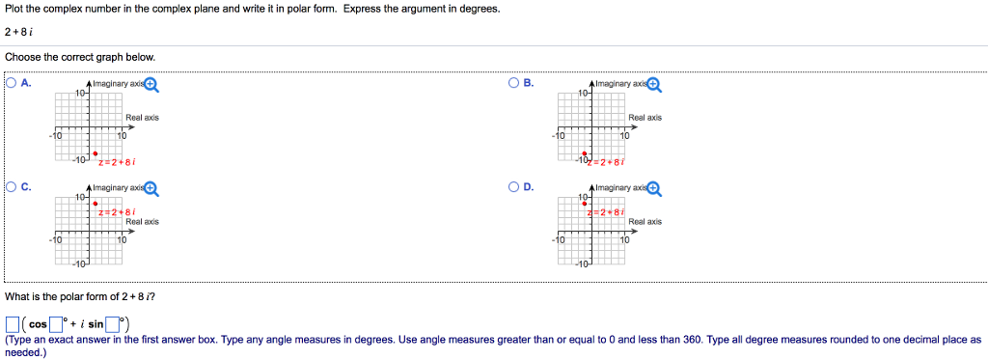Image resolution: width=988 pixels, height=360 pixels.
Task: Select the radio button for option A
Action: click(x=11, y=83)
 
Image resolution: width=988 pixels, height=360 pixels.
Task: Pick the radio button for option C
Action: click(x=11, y=187)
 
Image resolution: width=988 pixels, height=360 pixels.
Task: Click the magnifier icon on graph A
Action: click(x=151, y=85)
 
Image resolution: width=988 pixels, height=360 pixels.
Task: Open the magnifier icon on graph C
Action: click(x=151, y=189)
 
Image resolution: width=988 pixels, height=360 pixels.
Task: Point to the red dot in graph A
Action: click(x=95, y=152)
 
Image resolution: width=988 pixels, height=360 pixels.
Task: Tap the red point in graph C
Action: click(x=95, y=203)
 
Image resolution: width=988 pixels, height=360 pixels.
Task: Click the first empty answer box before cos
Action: click(x=13, y=323)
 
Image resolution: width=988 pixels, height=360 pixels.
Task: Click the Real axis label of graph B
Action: click(x=645, y=118)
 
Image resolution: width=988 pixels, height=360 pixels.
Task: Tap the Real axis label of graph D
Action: click(x=645, y=222)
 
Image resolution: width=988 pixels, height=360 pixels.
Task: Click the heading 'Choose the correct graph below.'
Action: click(x=66, y=57)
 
